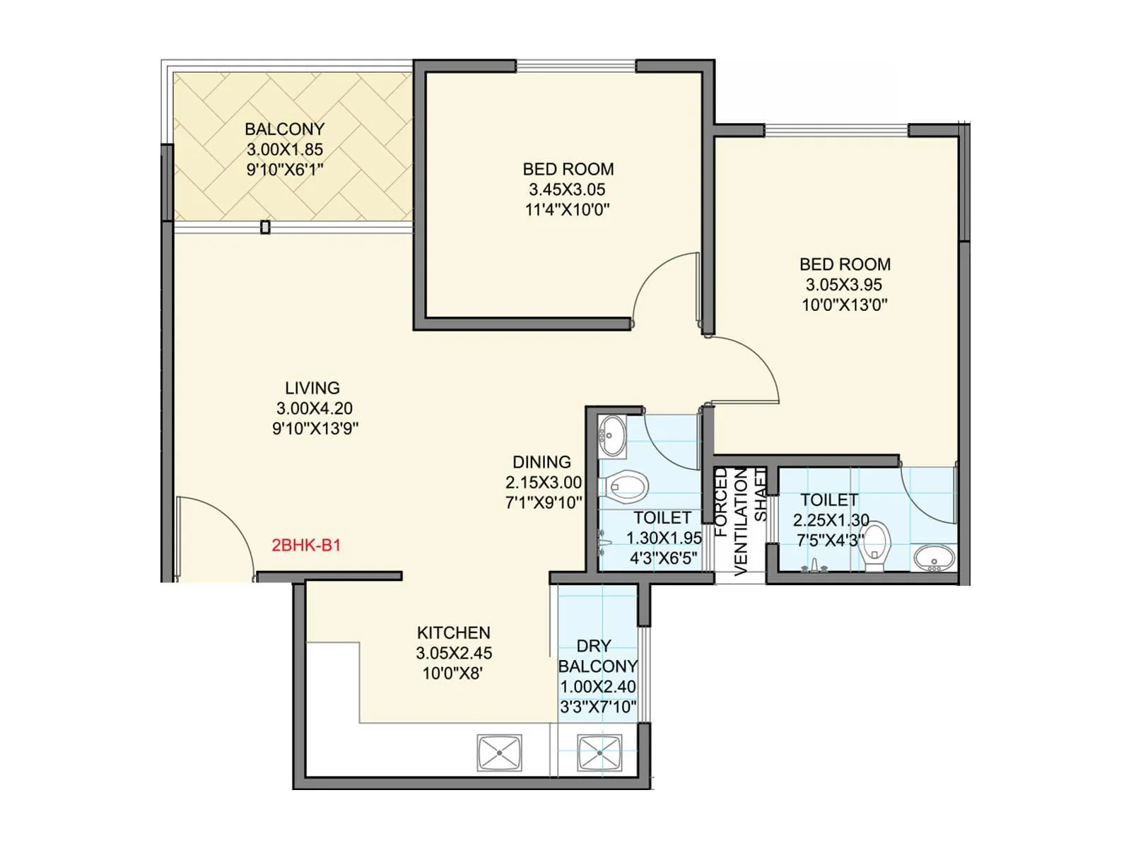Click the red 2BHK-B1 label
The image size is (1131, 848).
[306, 545]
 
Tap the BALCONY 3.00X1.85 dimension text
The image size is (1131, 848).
[284, 149]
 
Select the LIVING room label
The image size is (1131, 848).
[312, 388]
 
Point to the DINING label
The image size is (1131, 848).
[541, 462]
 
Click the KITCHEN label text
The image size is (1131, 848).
[453, 632]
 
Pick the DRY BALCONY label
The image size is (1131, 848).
[597, 656]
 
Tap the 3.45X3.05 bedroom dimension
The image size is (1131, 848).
[567, 189]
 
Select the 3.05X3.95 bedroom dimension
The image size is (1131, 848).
[844, 285]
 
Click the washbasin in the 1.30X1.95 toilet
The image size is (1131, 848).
[612, 435]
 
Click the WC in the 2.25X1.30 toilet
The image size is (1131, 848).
[875, 545]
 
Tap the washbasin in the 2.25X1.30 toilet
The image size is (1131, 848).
[934, 558]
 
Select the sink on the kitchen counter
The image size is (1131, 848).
[499, 753]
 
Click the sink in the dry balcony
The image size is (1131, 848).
[599, 753]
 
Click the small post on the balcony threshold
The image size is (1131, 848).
[265, 228]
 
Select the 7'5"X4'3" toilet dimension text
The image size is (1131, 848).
[830, 541]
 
